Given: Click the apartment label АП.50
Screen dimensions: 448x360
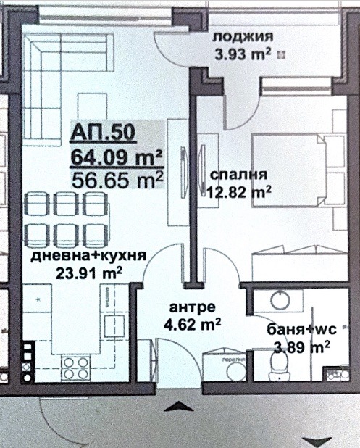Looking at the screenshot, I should click(x=101, y=133).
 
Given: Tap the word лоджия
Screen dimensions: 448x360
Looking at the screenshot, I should click(x=242, y=38).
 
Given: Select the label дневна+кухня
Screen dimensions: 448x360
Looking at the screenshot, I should click(x=89, y=256).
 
